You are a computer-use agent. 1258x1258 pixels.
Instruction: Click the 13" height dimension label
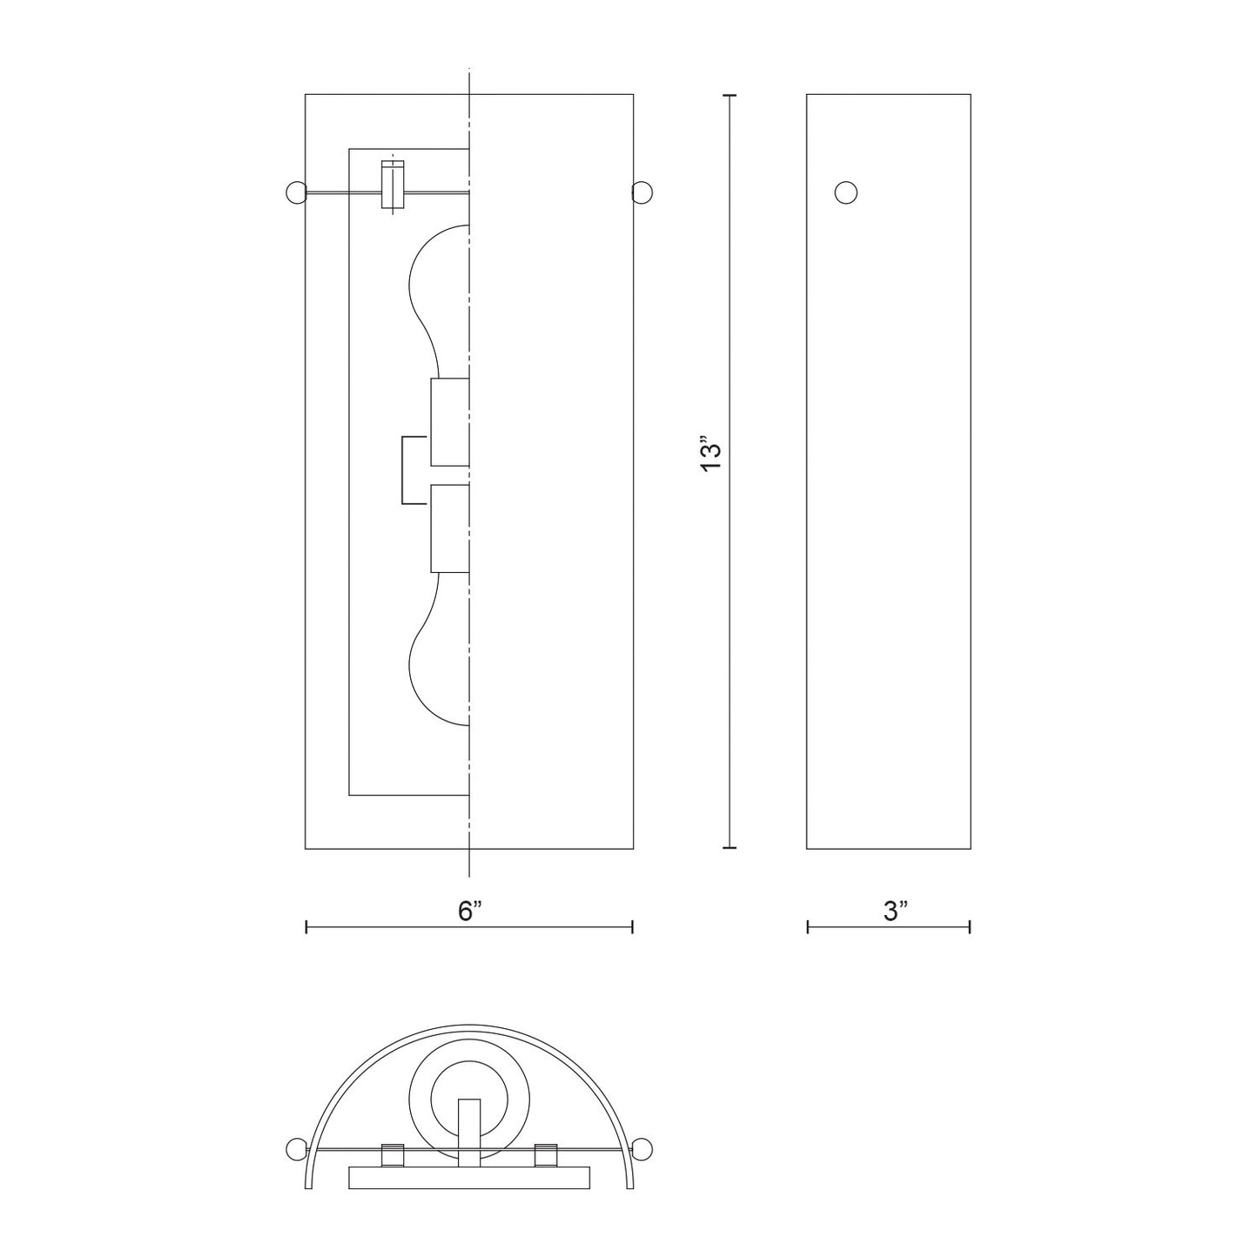pyautogui.click(x=712, y=457)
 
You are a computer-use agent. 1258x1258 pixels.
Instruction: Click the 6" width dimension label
pyautogui.click(x=470, y=912)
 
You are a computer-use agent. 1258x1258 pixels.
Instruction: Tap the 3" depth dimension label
pyautogui.click(x=895, y=912)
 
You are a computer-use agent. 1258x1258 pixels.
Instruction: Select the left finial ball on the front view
pyautogui.click(x=296, y=192)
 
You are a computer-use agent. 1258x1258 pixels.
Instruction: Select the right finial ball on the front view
pyautogui.click(x=642, y=192)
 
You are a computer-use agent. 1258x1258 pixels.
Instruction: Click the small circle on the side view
pyautogui.click(x=845, y=192)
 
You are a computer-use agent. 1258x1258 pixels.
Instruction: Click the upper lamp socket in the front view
pyautogui.click(x=450, y=422)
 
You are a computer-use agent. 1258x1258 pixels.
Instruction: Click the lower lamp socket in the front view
pyautogui.click(x=450, y=528)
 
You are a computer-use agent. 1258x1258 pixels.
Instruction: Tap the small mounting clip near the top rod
pyautogui.click(x=394, y=185)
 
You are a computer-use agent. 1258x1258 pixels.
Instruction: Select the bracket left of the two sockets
pyautogui.click(x=414, y=470)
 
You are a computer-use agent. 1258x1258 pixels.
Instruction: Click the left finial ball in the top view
pyautogui.click(x=297, y=1147)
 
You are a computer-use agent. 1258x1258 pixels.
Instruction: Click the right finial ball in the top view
pyautogui.click(x=643, y=1147)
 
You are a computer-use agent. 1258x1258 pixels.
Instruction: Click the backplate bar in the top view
pyautogui.click(x=468, y=1178)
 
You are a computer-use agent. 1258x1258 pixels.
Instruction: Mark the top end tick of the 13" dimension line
pyautogui.click(x=730, y=94)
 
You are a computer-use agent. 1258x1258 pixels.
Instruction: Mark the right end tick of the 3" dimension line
pyautogui.click(x=970, y=928)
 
